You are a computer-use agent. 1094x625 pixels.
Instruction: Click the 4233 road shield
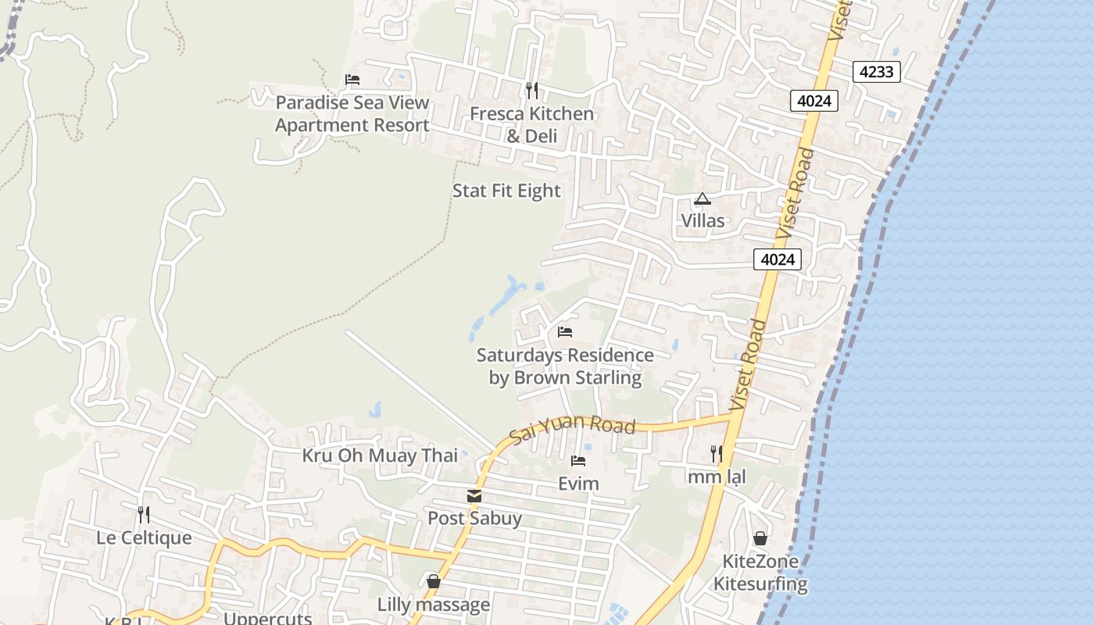point(876,72)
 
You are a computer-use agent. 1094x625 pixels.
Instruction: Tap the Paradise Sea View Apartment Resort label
point(352,114)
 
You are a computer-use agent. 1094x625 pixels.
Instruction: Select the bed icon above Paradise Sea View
point(352,80)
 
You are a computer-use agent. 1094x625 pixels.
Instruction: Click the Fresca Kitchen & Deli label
point(531,125)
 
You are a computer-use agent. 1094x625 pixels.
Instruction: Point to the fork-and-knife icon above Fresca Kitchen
point(531,91)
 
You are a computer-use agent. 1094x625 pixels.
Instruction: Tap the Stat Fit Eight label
point(506,191)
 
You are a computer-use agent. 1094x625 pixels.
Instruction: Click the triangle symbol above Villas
point(703,199)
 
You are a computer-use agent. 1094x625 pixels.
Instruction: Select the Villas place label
point(703,221)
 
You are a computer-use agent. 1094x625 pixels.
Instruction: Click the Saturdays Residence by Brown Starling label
point(565,366)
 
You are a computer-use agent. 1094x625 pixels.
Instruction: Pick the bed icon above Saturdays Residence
point(565,332)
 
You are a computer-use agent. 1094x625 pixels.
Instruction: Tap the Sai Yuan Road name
point(572,430)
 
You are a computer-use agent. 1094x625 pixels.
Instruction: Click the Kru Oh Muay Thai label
point(380,455)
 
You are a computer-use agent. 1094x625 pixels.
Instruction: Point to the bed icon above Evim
point(578,461)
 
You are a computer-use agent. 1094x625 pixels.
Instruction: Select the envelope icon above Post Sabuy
point(474,496)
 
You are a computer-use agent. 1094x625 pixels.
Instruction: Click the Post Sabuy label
point(474,518)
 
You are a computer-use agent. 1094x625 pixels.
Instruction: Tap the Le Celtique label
point(144,537)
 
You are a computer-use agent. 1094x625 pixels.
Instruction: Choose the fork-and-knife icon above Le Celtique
point(144,515)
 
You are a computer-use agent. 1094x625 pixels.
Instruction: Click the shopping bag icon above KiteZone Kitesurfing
point(760,538)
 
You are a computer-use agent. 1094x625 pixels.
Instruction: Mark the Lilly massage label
point(434,605)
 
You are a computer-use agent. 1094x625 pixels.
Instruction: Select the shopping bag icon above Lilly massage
point(434,582)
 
